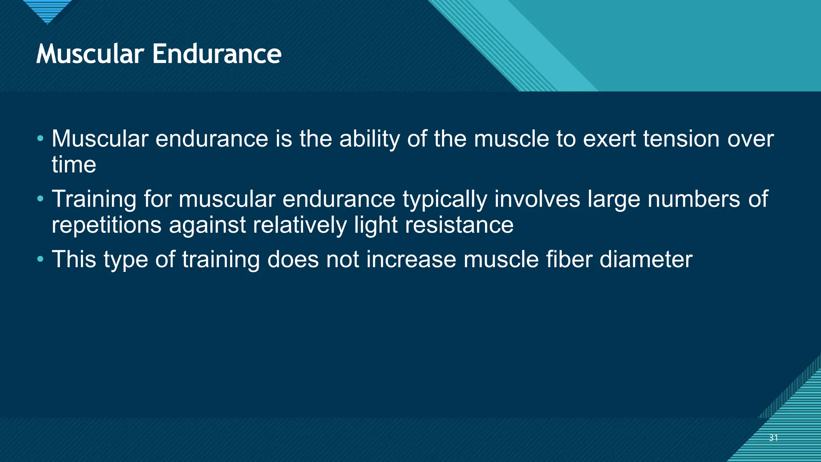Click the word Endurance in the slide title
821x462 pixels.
(x=217, y=54)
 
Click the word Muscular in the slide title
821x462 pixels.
(x=90, y=54)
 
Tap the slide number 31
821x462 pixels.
(x=773, y=438)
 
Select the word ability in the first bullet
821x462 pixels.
(x=370, y=139)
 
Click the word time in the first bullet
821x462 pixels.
(x=74, y=165)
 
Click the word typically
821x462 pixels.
(x=445, y=199)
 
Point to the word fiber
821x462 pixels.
(x=569, y=259)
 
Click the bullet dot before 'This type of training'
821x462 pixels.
(x=40, y=259)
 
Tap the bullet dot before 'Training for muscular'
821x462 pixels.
(x=40, y=199)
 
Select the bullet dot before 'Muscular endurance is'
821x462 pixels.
(x=40, y=139)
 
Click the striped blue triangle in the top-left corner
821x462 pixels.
(x=47, y=10)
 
